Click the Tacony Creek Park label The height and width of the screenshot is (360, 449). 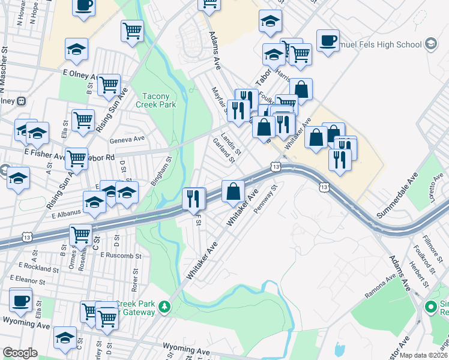coord(159,100)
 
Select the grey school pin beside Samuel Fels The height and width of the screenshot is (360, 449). coord(430,44)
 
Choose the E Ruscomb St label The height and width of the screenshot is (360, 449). coord(121,255)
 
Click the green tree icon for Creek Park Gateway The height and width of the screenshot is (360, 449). coord(164,308)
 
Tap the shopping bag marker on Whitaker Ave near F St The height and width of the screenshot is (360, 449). coord(233,192)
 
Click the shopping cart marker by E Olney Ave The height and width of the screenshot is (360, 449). coord(109,86)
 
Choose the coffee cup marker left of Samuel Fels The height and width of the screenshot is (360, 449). coord(327,41)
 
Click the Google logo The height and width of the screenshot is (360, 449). coord(20,353)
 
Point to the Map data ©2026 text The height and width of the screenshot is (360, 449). coord(424,355)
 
